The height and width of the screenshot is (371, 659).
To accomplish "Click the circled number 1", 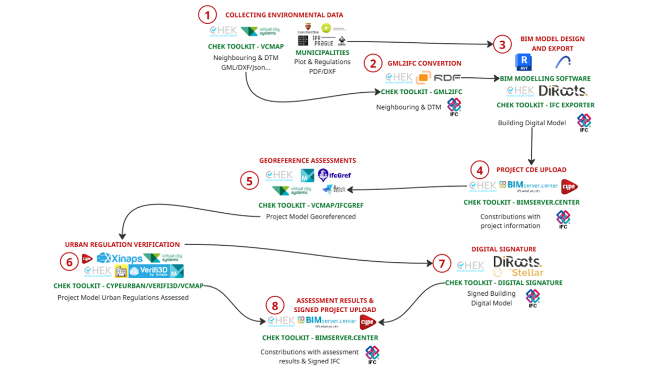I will pyautogui.click(x=207, y=15).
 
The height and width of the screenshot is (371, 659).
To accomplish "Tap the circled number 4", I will pyautogui.click(x=479, y=170).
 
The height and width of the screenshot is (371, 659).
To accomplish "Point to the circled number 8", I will pyautogui.click(x=275, y=307).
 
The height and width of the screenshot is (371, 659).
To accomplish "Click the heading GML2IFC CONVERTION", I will pyautogui.click(x=424, y=63).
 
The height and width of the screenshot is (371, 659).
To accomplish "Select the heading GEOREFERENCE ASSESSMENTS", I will pyautogui.click(x=307, y=161).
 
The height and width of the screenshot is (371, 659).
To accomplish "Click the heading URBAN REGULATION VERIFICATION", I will pyautogui.click(x=122, y=245).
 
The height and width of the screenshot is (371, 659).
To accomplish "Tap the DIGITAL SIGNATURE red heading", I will pyautogui.click(x=504, y=249).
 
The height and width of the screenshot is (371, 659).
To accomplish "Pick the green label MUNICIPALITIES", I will pyautogui.click(x=322, y=53).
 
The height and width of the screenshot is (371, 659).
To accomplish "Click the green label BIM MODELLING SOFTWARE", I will pyautogui.click(x=545, y=79).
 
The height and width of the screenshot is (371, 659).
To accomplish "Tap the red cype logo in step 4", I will pyautogui.click(x=568, y=187).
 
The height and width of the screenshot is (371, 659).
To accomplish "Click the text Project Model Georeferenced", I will pyautogui.click(x=310, y=216).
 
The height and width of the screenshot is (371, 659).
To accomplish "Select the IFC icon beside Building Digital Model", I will pyautogui.click(x=583, y=123).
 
